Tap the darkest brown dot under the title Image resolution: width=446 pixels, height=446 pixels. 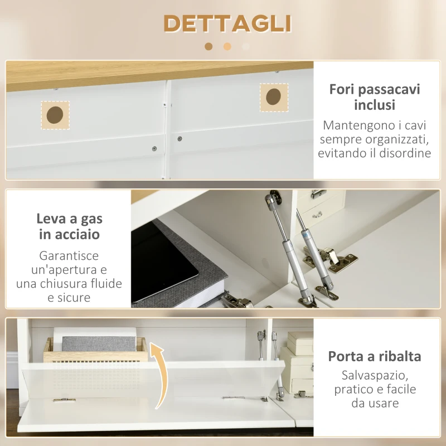click(209, 47)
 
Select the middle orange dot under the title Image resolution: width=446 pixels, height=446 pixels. click(227, 47)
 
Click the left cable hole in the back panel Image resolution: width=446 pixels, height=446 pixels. click(55, 115)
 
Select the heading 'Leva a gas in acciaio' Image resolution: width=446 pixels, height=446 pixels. click(70, 226)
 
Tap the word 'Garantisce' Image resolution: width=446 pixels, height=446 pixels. click(70, 256)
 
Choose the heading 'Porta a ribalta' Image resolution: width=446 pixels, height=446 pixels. click(375, 356)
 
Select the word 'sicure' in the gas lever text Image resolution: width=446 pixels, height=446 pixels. click(75, 298)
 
